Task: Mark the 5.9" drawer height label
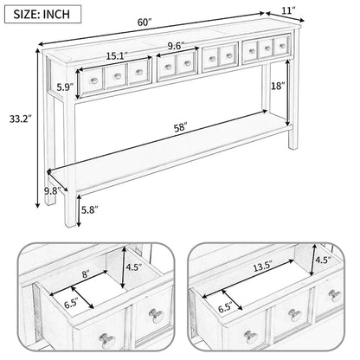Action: click(62, 87)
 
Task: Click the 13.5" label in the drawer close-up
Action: click(260, 268)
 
